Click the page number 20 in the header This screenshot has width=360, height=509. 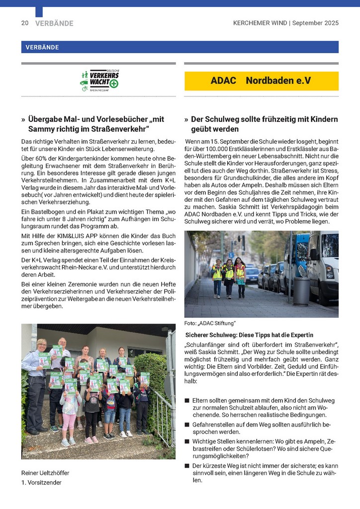24,23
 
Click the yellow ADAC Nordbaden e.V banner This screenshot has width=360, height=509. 261,81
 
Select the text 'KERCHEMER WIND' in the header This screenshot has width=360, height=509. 260,23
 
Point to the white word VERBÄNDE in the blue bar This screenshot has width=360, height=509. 40,47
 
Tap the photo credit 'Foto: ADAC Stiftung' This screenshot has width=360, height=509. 210,324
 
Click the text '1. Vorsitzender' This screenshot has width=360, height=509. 41,482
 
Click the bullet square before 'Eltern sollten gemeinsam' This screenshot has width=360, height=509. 187,401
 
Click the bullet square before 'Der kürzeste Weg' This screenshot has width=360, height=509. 187,466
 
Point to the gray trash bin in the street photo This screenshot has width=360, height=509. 301,291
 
